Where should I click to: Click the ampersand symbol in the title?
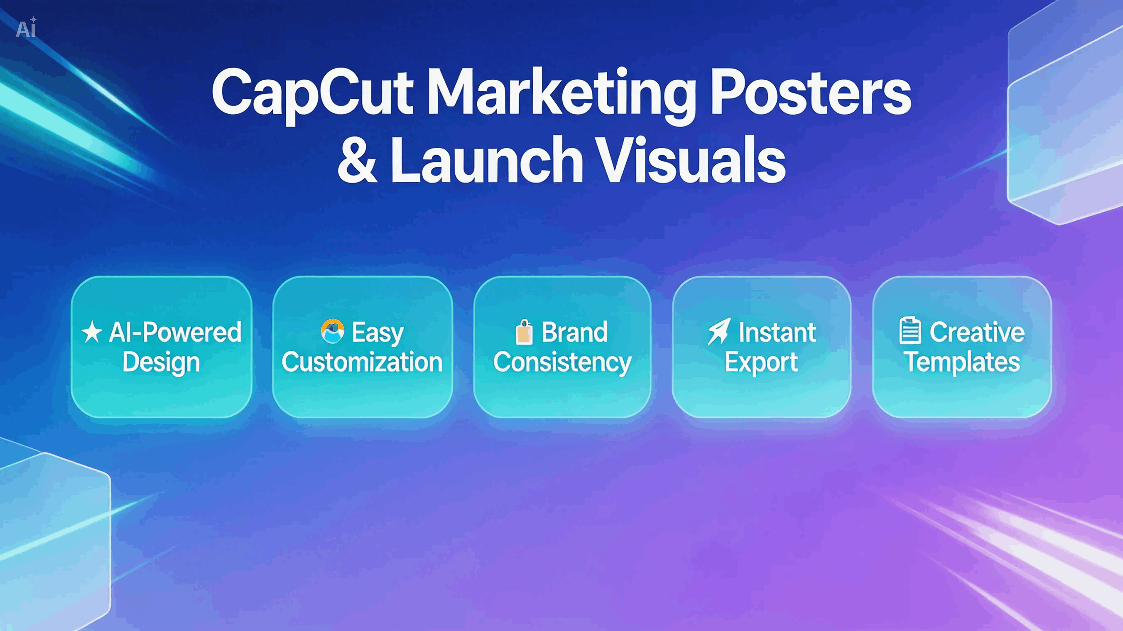357,160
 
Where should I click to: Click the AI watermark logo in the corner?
26,28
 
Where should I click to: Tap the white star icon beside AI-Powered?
92,332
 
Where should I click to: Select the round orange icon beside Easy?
333,331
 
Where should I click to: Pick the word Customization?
362,362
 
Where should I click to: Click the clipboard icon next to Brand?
524,332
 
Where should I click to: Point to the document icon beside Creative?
910,331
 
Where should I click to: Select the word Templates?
962,362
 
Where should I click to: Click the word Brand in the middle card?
574,333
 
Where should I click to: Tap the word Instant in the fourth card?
777,333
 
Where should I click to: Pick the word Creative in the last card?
977,332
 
